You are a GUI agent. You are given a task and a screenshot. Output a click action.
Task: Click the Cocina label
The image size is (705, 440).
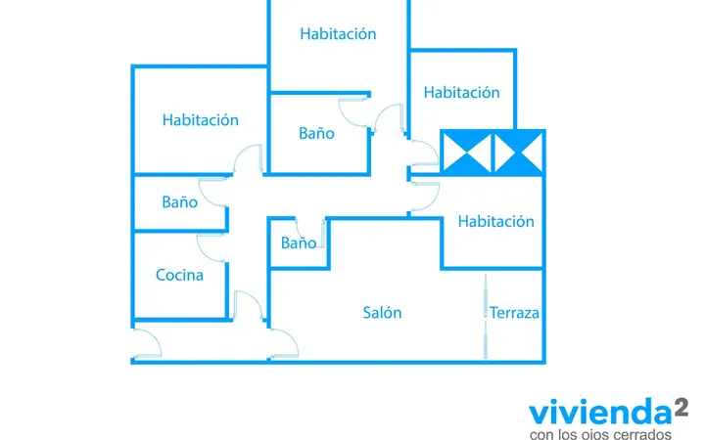[x=179, y=275]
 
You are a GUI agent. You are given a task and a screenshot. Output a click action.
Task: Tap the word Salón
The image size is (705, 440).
[x=382, y=313]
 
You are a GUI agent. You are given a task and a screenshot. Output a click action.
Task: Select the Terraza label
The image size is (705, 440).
[x=514, y=313]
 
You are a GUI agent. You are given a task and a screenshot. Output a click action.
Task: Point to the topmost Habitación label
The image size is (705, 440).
[x=338, y=33]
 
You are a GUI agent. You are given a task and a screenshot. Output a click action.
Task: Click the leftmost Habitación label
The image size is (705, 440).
[x=201, y=120]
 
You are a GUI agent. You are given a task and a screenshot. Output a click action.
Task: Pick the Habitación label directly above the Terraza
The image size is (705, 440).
[x=495, y=221]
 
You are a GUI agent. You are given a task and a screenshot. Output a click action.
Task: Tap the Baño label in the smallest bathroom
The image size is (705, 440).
[x=299, y=242]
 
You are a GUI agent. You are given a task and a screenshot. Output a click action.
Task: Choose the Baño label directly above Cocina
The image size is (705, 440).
[x=180, y=202]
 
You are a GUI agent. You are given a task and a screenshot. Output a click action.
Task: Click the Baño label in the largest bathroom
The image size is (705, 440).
[x=316, y=133]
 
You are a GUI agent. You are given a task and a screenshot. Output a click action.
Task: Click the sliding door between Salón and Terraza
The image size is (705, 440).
[x=486, y=316]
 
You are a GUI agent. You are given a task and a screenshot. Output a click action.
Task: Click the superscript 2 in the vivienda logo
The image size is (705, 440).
[x=681, y=408]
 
